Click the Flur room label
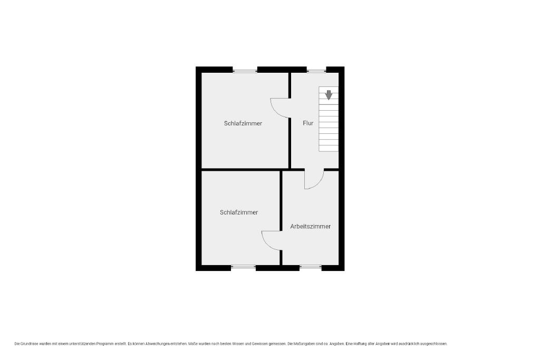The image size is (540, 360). [308, 123]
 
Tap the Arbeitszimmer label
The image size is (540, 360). [310, 226]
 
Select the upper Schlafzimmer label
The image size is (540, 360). [243, 123]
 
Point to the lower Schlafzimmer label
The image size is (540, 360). [239, 212]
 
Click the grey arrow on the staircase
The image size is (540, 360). [329, 95]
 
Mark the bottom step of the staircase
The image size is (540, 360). [329, 148]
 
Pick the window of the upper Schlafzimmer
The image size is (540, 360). [245, 71]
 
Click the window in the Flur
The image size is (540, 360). [316, 71]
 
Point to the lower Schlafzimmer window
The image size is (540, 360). [243, 266]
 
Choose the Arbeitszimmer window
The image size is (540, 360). [310, 266]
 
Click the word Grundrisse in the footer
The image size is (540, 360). [28, 344]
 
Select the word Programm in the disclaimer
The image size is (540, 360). [104, 344]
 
